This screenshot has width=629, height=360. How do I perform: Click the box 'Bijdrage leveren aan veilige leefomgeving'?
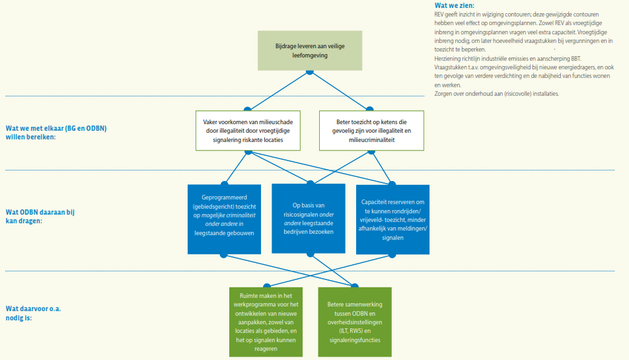point(310,51)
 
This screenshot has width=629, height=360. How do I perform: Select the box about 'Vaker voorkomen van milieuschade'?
point(248,127)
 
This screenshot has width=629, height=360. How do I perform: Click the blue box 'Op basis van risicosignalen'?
point(309,218)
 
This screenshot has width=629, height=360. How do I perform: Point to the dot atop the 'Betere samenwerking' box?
point(354,287)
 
